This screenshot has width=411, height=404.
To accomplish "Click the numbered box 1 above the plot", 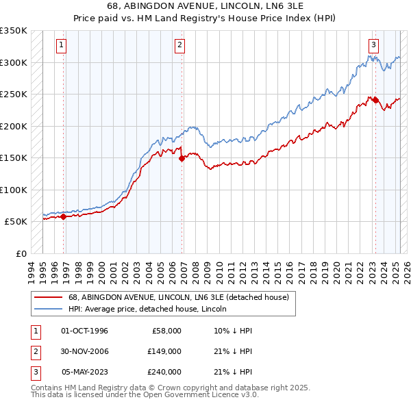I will (x=62, y=46).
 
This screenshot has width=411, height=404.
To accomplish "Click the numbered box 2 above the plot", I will (x=179, y=46).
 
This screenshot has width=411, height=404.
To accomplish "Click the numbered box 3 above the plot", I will (x=373, y=46).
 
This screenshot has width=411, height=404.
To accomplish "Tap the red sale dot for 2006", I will (x=182, y=158).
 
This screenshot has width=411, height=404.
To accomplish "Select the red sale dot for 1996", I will (x=64, y=216).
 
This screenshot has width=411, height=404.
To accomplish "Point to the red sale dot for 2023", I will (x=375, y=100).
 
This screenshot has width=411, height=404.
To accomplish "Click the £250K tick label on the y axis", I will (x=14, y=94).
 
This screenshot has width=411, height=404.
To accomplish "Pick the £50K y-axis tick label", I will (x=16, y=222).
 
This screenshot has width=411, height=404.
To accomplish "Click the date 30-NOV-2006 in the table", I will (x=85, y=351).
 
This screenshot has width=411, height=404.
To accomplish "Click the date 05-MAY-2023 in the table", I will (x=85, y=372).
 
